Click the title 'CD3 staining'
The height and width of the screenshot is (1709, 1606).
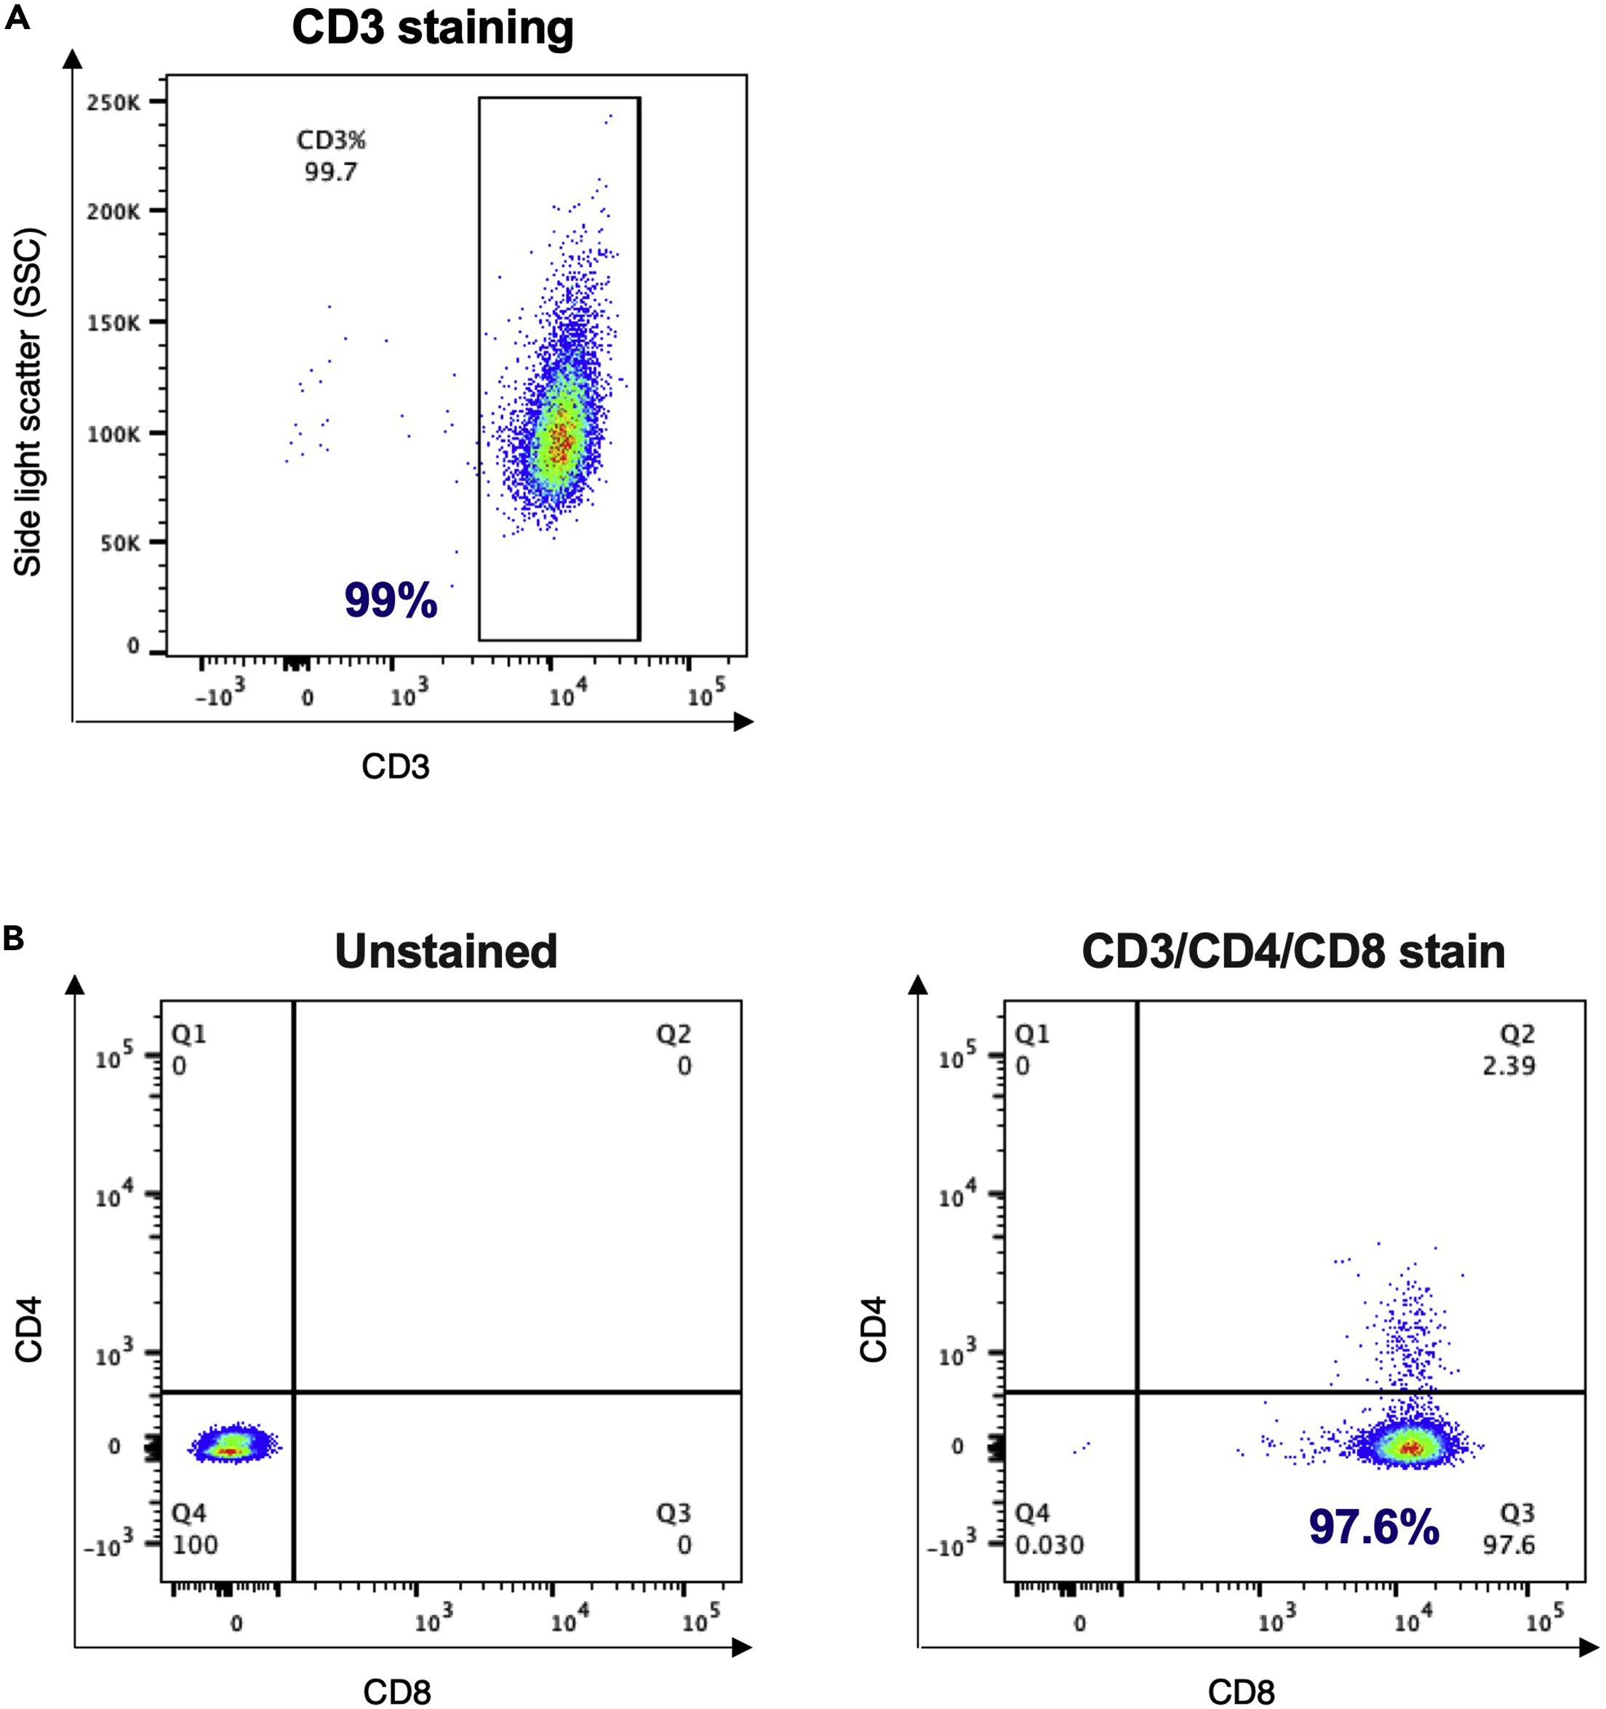(432, 28)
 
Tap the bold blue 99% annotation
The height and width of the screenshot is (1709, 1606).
(391, 600)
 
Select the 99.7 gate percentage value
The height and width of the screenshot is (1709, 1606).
(330, 172)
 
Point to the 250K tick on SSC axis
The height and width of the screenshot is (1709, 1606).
(113, 103)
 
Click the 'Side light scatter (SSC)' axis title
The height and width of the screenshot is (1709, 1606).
(28, 402)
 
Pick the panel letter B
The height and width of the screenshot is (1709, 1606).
(14, 939)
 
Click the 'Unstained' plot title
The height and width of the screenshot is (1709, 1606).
(445, 952)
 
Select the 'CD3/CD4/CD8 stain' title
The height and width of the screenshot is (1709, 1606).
(1293, 952)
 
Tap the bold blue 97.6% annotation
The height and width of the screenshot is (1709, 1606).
(1373, 1528)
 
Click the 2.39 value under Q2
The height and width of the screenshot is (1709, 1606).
(1508, 1066)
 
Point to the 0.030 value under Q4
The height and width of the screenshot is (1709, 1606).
(1049, 1545)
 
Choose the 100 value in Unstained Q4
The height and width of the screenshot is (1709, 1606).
(195, 1545)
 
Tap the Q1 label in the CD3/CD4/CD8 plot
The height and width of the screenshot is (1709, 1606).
(1032, 1033)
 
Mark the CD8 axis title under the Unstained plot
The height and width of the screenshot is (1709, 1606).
(397, 1692)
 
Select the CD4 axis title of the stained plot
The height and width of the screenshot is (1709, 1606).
(873, 1330)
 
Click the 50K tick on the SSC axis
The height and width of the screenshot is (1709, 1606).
(119, 543)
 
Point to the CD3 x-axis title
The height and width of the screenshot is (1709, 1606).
(395, 766)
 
